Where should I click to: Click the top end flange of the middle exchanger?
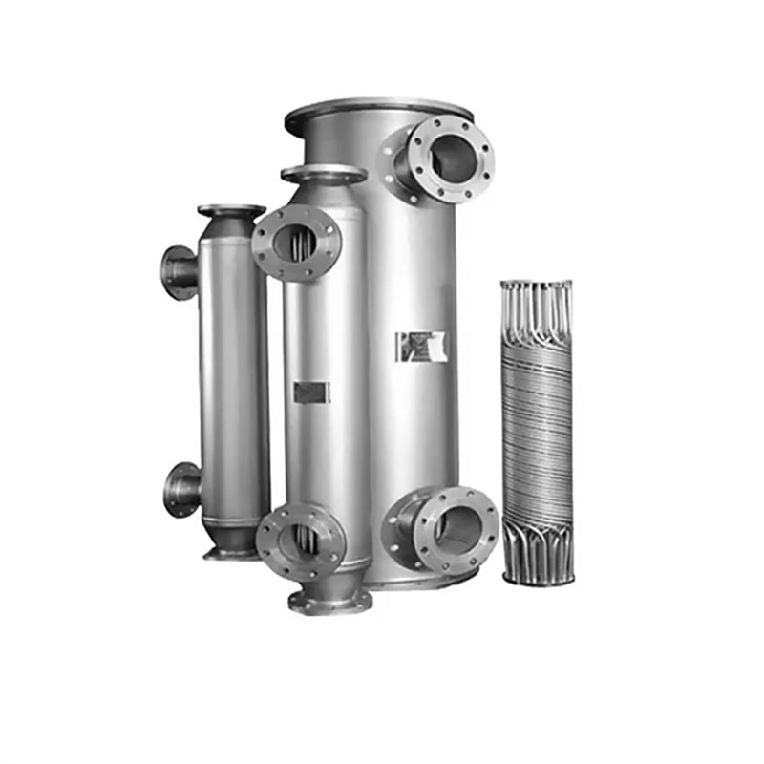323,173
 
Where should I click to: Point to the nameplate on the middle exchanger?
311,392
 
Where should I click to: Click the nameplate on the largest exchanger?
421,346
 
